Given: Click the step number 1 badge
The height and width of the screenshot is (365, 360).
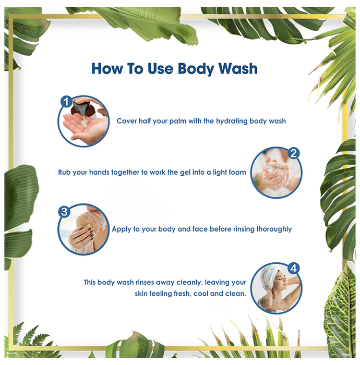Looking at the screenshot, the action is pos(66,102).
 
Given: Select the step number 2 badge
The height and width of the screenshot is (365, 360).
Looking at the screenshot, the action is pos(293,153).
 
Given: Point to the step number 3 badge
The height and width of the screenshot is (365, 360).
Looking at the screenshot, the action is pos(64,212).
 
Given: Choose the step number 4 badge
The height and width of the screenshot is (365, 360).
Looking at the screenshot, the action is pos(293,268).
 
